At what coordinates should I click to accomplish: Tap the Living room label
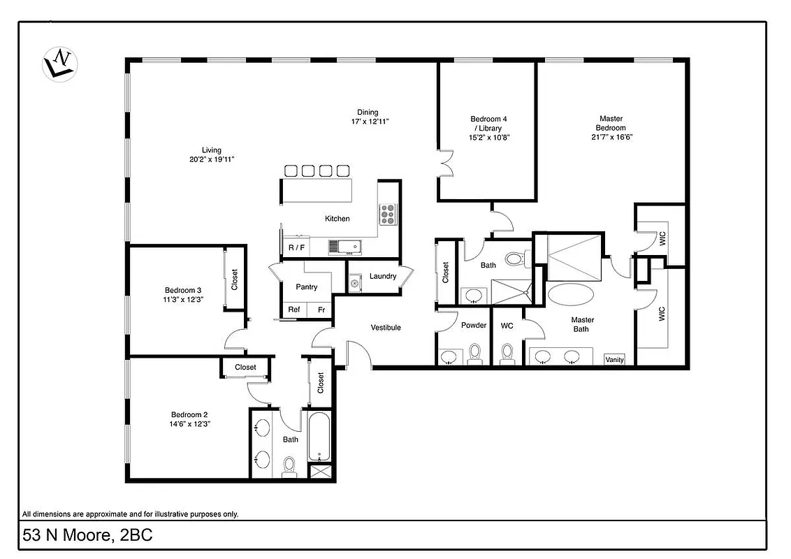(212, 150)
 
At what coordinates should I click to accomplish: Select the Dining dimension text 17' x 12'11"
(370, 122)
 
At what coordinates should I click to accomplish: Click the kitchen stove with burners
(388, 213)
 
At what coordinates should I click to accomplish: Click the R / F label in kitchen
(296, 247)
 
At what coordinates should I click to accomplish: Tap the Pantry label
(306, 287)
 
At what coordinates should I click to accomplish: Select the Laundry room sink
(355, 282)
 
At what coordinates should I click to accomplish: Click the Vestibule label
(386, 328)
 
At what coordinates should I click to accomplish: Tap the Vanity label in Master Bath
(615, 360)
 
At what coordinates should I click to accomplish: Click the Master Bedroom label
(611, 123)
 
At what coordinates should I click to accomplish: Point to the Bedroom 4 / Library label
(488, 124)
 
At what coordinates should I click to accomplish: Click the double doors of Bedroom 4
(444, 166)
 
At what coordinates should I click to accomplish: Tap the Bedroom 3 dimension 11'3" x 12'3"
(183, 300)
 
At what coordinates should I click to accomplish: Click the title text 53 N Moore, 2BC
(88, 536)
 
